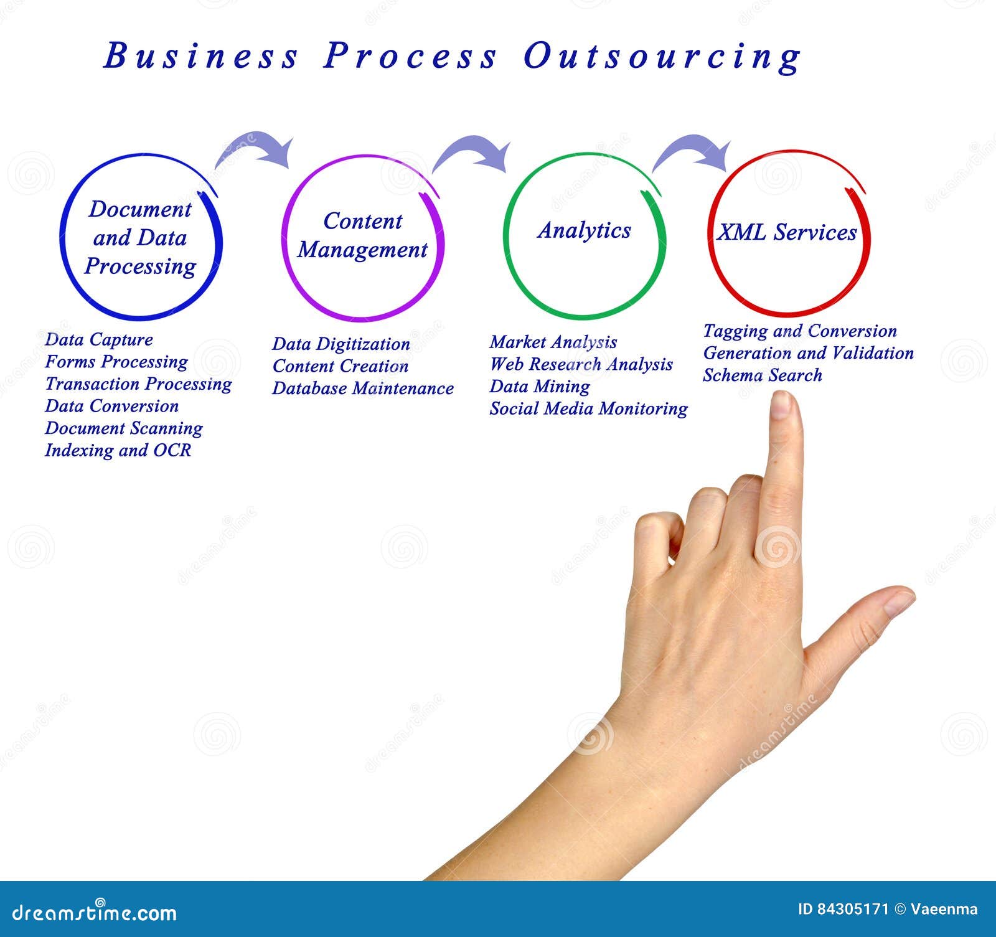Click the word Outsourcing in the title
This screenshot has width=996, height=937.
(x=662, y=57)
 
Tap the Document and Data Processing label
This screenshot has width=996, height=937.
(x=140, y=238)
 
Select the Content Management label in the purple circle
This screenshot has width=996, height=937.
(x=362, y=235)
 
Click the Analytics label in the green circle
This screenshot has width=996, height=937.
(x=584, y=230)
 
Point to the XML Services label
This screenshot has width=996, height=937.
(x=787, y=233)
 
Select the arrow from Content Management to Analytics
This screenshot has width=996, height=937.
(x=473, y=152)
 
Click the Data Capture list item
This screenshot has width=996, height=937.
(x=99, y=340)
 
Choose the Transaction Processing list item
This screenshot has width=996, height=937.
(x=138, y=384)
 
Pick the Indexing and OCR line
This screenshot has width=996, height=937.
(x=118, y=450)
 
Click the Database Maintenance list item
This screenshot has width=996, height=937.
(x=363, y=388)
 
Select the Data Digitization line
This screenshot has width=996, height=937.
(x=341, y=344)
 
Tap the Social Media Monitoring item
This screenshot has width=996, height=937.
(x=588, y=409)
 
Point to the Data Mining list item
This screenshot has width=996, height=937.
(x=540, y=387)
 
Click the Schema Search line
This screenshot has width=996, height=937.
(x=763, y=375)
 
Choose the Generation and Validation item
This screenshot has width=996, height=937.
(x=809, y=353)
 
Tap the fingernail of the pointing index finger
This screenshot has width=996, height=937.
(x=780, y=405)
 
